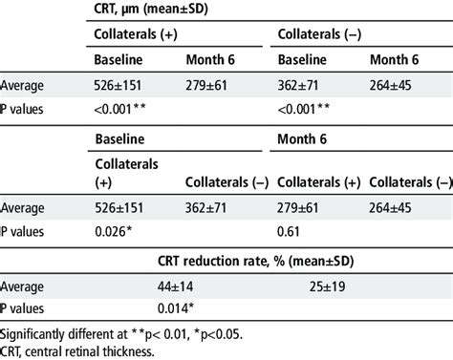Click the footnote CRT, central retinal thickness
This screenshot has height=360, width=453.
pyautogui.click(x=69, y=350)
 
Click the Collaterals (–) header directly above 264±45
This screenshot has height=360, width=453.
pyautogui.click(x=412, y=181)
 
